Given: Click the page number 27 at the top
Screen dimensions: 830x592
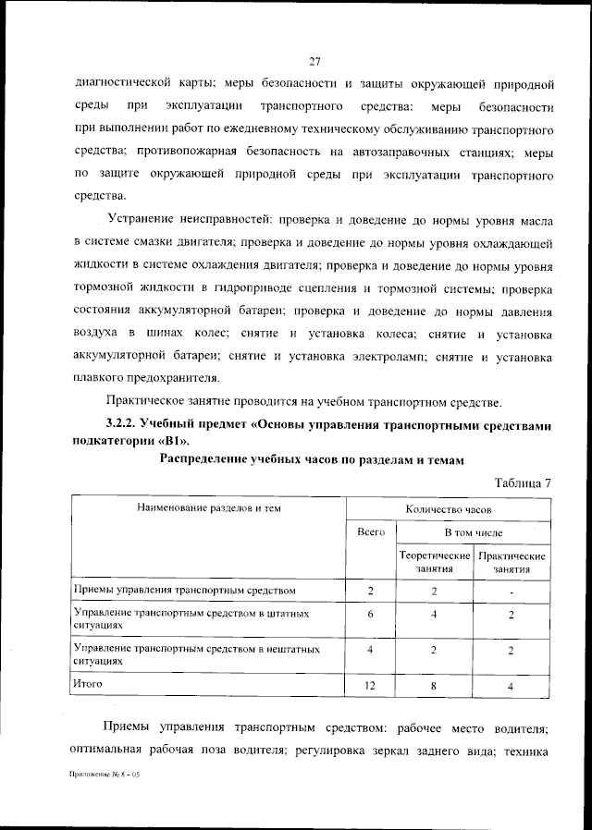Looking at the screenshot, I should pos(314,62).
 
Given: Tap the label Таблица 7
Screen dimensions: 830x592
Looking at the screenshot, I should pos(524,483).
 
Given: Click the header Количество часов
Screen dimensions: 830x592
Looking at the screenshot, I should pos(449,508).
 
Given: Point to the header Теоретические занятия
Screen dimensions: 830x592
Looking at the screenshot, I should pos(434,563).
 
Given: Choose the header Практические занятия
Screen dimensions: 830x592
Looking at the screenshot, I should pos(511,563).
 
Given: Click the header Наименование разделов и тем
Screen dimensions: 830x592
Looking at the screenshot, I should pos(209,507).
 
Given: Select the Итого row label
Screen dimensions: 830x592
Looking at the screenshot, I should pos(87,684).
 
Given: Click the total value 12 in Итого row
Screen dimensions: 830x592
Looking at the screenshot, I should pos(370,686).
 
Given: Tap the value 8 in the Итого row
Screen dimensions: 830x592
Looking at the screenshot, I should pos(434,686).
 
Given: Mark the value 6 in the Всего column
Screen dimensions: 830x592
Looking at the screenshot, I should pos(370,616).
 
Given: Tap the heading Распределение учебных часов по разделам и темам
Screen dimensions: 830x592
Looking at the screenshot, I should pos(309,459).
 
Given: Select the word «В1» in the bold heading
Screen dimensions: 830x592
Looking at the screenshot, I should pos(182,442).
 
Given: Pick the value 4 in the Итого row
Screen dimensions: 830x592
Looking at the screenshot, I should pos(511,686).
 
